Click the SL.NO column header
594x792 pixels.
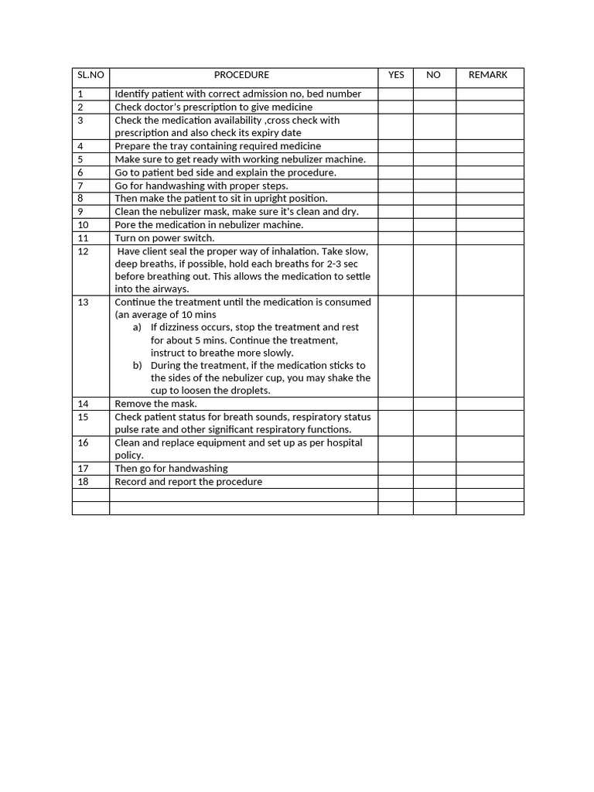[90, 75]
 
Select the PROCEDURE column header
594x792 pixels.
[241, 75]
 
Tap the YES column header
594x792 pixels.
[396, 75]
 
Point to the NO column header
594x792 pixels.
[433, 75]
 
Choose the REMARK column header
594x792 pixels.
[488, 75]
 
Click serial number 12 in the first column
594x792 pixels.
[84, 251]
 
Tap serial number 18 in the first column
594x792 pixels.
[84, 481]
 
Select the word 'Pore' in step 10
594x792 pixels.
[125, 225]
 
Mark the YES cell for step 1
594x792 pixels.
[395, 94]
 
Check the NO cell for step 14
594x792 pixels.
[434, 404]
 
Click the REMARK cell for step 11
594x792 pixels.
[490, 238]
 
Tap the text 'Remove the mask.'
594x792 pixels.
[155, 404]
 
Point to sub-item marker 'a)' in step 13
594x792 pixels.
[137, 327]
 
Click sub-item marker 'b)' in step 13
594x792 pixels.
[137, 365]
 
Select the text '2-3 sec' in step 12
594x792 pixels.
[342, 264]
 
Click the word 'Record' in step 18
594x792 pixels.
[130, 481]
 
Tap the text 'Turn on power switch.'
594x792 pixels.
[164, 238]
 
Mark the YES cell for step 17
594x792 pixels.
[395, 468]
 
